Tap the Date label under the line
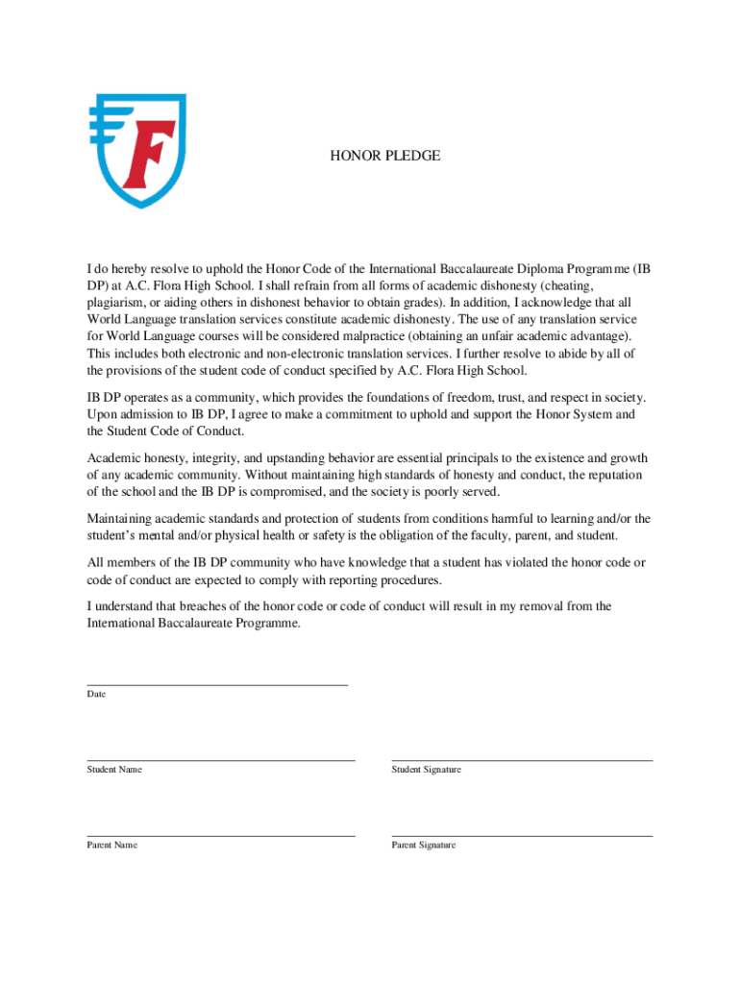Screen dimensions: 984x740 click(96, 694)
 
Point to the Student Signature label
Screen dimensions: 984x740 click(426, 770)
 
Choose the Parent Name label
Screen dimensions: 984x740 click(112, 845)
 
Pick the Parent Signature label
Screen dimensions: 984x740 click(424, 845)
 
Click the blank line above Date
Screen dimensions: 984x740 click(217, 685)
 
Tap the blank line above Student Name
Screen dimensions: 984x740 click(221, 760)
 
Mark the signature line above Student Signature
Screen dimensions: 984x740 click(522, 760)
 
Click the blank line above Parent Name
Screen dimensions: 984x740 click(221, 836)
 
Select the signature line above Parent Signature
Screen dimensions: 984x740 click(522, 836)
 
